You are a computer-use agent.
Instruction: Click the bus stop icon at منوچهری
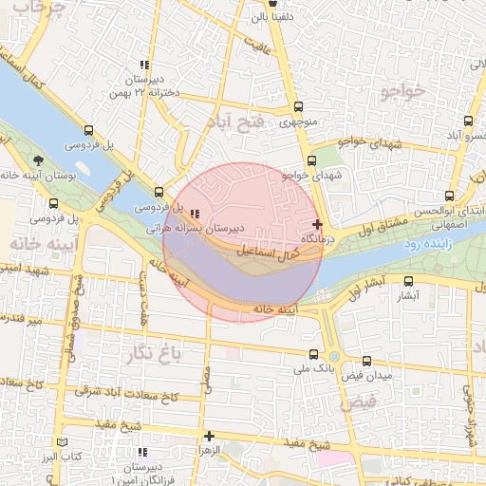299,106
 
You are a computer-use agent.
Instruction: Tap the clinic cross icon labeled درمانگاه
317,224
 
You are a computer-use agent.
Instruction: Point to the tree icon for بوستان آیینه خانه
37,160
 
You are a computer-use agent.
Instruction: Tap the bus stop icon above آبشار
409,281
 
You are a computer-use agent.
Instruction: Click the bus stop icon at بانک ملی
314,354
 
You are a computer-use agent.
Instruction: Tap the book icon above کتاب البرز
63,442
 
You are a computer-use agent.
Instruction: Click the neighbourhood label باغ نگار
151,355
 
